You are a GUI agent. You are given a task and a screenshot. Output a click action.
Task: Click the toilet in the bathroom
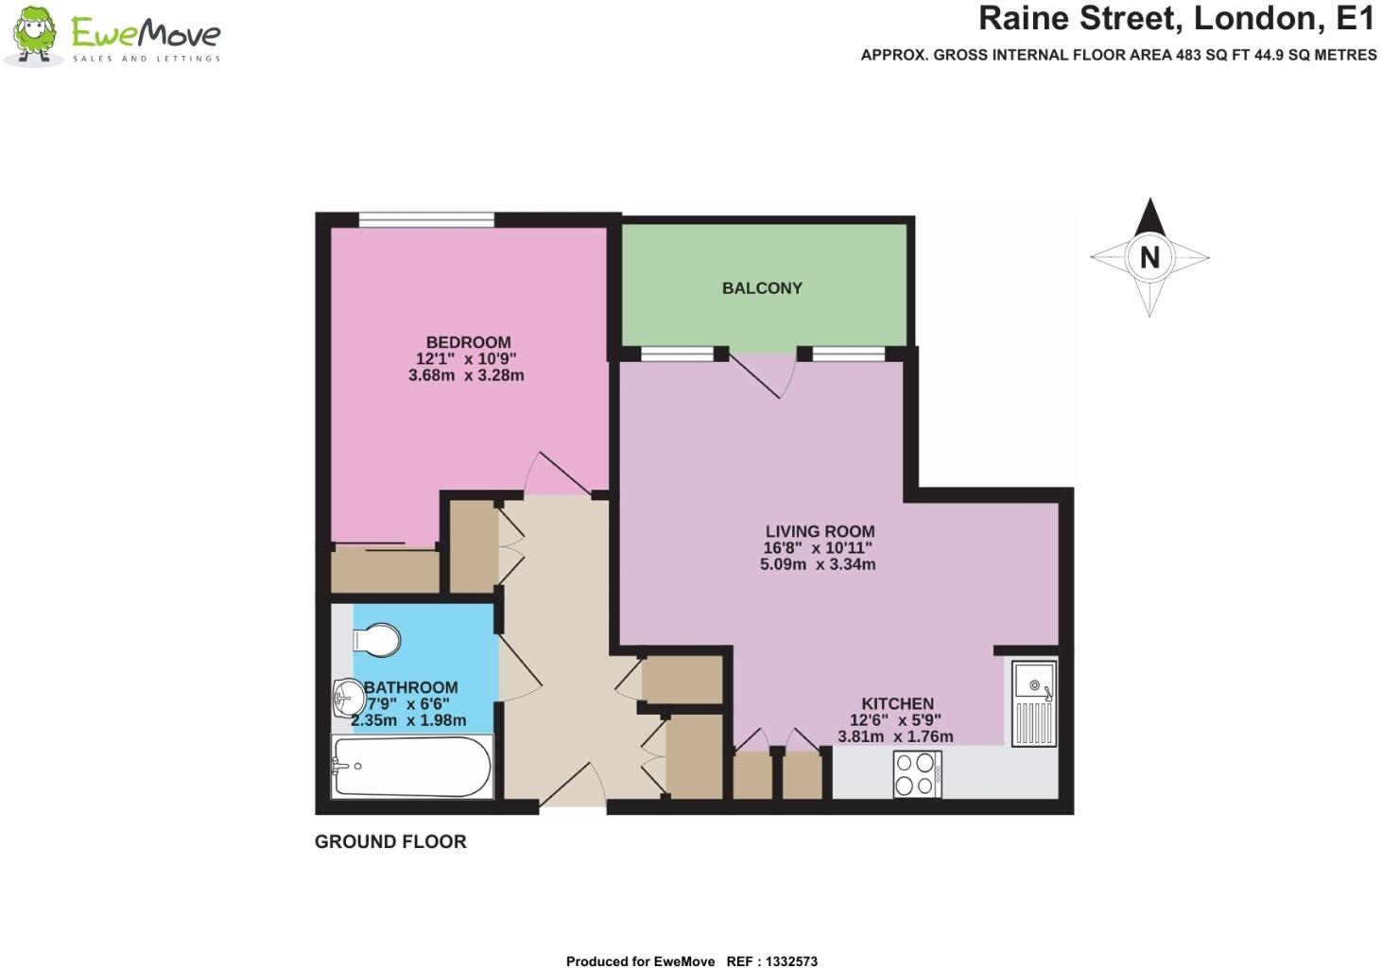point(378,640)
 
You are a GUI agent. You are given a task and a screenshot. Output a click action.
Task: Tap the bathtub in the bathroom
point(412,768)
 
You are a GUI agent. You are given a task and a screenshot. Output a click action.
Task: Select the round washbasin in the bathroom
point(348,700)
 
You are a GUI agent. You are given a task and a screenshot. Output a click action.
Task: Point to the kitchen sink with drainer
point(1033,704)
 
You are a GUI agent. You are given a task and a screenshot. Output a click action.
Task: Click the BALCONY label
point(762,288)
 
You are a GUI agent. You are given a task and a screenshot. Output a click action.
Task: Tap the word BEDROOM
point(468,342)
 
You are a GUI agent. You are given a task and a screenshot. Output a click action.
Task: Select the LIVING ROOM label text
point(820,531)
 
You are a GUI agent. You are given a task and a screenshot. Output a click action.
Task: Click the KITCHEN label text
point(897,703)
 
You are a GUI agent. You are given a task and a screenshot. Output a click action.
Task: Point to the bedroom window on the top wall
point(426,220)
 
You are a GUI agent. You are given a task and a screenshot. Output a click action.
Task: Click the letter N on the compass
point(1149,257)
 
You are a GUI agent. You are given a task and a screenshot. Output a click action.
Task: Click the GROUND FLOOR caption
point(390,841)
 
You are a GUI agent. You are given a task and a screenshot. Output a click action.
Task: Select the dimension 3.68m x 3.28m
point(466,375)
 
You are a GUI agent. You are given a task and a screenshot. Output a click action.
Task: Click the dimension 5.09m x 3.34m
point(818,564)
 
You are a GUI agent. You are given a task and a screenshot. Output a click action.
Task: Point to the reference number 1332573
point(786,961)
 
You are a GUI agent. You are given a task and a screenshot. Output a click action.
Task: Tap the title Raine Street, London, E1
point(1176,18)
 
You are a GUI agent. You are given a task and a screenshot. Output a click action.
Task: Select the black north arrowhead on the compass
point(1149,217)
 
